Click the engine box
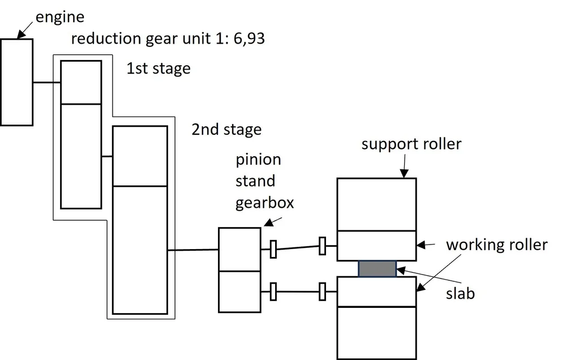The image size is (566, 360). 16,82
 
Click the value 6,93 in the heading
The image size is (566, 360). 249,38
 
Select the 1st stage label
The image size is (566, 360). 158,68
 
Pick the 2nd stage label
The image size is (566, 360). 226,129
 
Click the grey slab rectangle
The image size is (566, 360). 377,269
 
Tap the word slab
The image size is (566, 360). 460,293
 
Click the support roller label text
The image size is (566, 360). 411,144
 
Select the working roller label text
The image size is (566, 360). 497,245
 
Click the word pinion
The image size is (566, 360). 258,160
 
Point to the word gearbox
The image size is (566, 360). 264,203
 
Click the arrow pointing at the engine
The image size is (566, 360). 25,31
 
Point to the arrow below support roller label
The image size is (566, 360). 404,166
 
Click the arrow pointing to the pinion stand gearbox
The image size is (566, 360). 273,222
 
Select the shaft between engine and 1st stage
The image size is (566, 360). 47,83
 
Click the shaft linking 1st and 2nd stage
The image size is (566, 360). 107,156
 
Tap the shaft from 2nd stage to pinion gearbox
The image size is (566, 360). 193,250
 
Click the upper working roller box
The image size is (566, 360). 376,246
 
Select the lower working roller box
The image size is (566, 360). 376,292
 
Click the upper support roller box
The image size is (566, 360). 376,204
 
